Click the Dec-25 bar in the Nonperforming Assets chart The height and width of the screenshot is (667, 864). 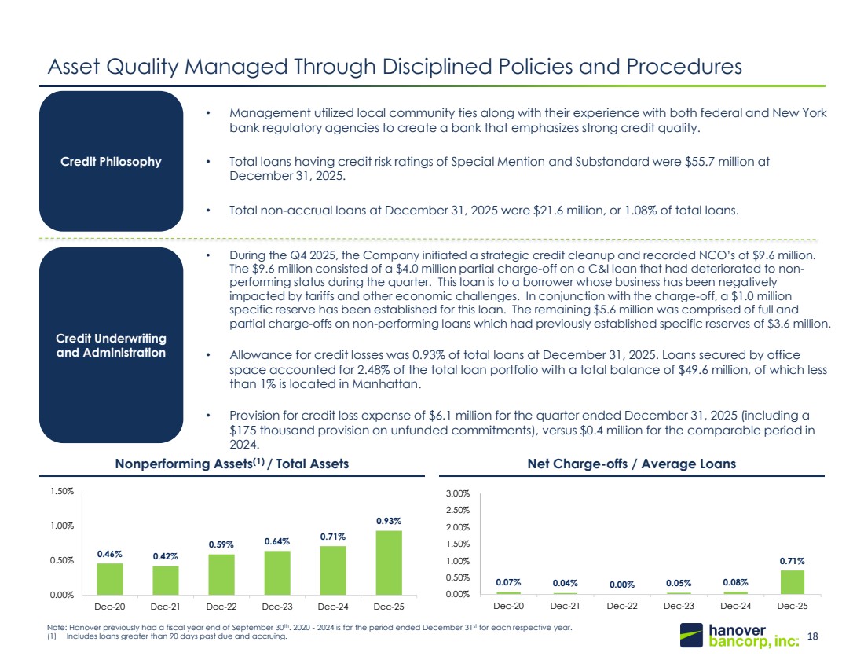point(389,563)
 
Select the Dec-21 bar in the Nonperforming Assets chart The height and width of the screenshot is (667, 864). point(166,581)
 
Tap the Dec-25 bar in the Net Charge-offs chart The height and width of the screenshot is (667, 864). point(793,582)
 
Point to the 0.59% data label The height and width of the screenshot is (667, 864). point(221,544)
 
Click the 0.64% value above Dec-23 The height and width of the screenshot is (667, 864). point(277,541)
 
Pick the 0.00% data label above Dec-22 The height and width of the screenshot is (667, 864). point(622,585)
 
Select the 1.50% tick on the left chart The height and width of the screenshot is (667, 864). point(62,491)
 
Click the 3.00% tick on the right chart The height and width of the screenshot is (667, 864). point(458,493)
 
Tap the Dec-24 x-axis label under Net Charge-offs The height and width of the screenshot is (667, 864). point(736,606)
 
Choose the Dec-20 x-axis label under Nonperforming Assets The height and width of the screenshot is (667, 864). point(110,607)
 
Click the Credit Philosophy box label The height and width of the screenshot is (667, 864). point(111,162)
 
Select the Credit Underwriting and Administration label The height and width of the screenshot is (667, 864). point(111,345)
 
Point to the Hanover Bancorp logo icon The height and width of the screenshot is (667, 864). point(691,635)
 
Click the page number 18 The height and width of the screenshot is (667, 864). point(812,636)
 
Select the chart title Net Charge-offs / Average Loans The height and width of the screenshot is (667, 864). point(632,464)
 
